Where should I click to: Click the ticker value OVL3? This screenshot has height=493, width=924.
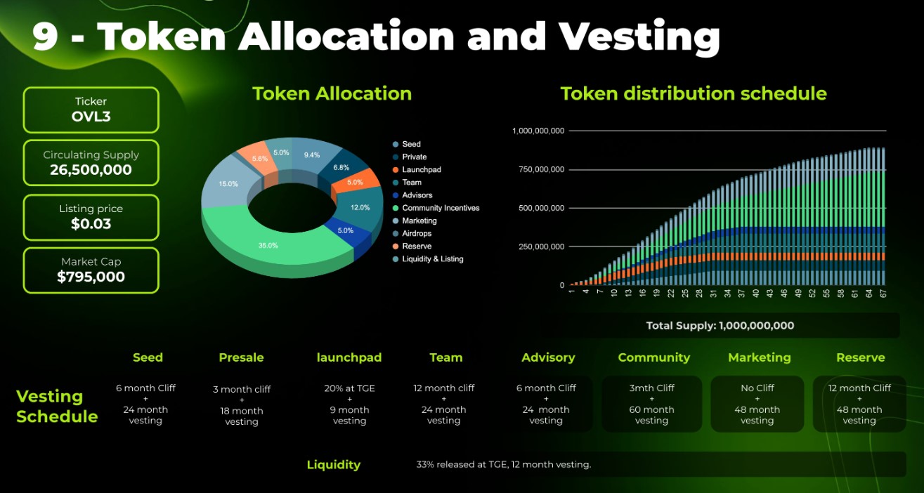click(x=91, y=117)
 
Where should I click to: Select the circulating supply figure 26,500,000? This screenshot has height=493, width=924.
click(x=91, y=170)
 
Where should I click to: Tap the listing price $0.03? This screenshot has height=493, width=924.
click(x=91, y=224)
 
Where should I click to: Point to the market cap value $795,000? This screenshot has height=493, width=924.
click(x=91, y=277)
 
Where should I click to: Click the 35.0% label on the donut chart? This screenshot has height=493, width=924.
click(x=268, y=246)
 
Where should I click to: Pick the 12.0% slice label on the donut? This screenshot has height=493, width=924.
click(x=360, y=208)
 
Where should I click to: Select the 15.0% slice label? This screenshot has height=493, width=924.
click(x=228, y=184)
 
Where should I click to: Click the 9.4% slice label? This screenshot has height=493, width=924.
click(x=312, y=155)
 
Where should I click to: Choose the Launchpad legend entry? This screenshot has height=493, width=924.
click(x=422, y=170)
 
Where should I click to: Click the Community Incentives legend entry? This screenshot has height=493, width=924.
click(x=441, y=208)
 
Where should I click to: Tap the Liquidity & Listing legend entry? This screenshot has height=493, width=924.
click(x=432, y=259)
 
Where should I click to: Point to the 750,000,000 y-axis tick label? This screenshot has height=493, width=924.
click(x=538, y=169)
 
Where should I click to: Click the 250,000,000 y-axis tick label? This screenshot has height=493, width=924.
click(x=538, y=246)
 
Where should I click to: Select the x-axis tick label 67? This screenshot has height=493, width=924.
click(x=882, y=294)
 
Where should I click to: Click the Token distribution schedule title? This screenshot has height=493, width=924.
click(x=693, y=93)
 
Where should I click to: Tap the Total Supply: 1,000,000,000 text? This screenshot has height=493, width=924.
click(x=720, y=326)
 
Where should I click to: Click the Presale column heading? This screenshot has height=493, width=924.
click(x=241, y=357)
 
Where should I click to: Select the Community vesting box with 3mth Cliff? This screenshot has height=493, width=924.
click(x=652, y=404)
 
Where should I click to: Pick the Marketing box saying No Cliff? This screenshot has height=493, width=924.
click(x=757, y=404)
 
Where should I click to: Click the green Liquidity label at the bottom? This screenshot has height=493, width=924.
click(x=333, y=464)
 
